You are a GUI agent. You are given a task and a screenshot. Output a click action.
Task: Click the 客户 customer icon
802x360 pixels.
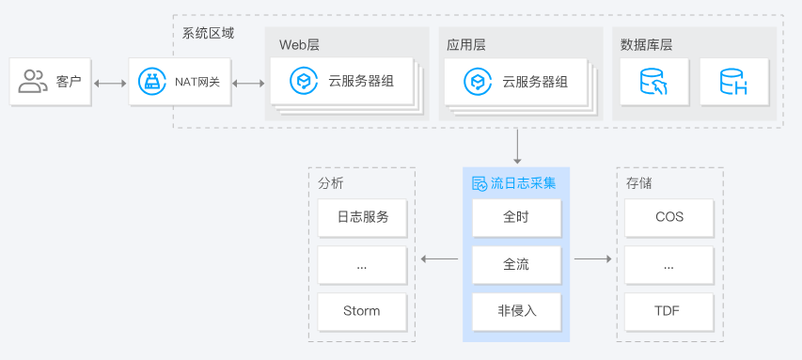tap(33, 82)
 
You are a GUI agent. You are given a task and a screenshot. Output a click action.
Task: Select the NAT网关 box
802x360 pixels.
tap(179, 82)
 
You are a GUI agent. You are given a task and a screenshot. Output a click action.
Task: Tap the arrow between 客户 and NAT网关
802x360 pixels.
tap(110, 83)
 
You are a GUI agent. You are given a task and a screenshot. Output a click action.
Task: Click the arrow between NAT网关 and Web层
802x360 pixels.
tap(248, 83)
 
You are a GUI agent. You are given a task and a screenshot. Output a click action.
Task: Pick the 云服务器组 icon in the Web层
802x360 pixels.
tap(303, 82)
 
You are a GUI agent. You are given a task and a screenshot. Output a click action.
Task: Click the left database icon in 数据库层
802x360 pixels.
tap(653, 83)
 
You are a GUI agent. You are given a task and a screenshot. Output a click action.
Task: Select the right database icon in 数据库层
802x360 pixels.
tap(733, 83)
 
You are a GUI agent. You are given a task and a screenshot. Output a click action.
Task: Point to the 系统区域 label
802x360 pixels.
tap(208, 33)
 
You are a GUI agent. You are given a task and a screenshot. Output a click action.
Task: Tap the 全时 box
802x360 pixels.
tap(516, 217)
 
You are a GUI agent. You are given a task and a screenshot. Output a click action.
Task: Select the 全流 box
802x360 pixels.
tap(516, 264)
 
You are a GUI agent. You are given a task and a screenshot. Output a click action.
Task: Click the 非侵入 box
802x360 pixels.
tap(516, 310)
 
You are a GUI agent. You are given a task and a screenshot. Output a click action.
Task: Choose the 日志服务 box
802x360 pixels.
tap(362, 217)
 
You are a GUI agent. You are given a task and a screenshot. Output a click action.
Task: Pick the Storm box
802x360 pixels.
tap(362, 310)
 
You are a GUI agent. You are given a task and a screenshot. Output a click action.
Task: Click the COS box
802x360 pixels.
tap(669, 217)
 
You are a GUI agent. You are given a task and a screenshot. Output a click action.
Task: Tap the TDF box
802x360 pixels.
tap(669, 310)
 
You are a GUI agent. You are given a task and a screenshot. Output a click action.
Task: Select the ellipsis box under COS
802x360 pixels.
tap(669, 264)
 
